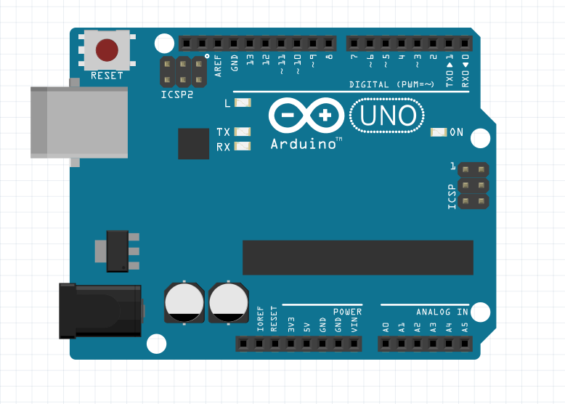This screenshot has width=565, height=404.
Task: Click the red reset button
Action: pyautogui.click(x=107, y=50)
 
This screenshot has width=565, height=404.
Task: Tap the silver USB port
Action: pyautogui.click(x=78, y=121)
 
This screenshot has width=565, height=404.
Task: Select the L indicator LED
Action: pyautogui.click(x=243, y=104)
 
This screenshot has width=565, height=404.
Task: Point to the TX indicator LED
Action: pyautogui.click(x=243, y=132)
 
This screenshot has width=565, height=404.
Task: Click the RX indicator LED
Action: pyautogui.click(x=243, y=147)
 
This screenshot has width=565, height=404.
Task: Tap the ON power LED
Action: pyautogui.click(x=439, y=132)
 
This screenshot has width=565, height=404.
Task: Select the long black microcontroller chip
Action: pyautogui.click(x=357, y=258)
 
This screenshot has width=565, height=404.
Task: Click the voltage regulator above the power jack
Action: pyautogui.click(x=117, y=251)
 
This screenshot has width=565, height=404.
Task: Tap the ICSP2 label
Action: pyautogui.click(x=177, y=94)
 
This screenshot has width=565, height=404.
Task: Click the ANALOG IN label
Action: pyautogui.click(x=442, y=312)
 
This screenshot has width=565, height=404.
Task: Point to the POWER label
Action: pyautogui.click(x=347, y=312)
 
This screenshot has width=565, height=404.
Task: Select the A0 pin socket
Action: pyautogui.click(x=386, y=344)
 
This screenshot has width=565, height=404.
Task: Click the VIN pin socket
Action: pyautogui.click(x=354, y=344)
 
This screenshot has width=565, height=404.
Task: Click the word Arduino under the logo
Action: pyautogui.click(x=302, y=144)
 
